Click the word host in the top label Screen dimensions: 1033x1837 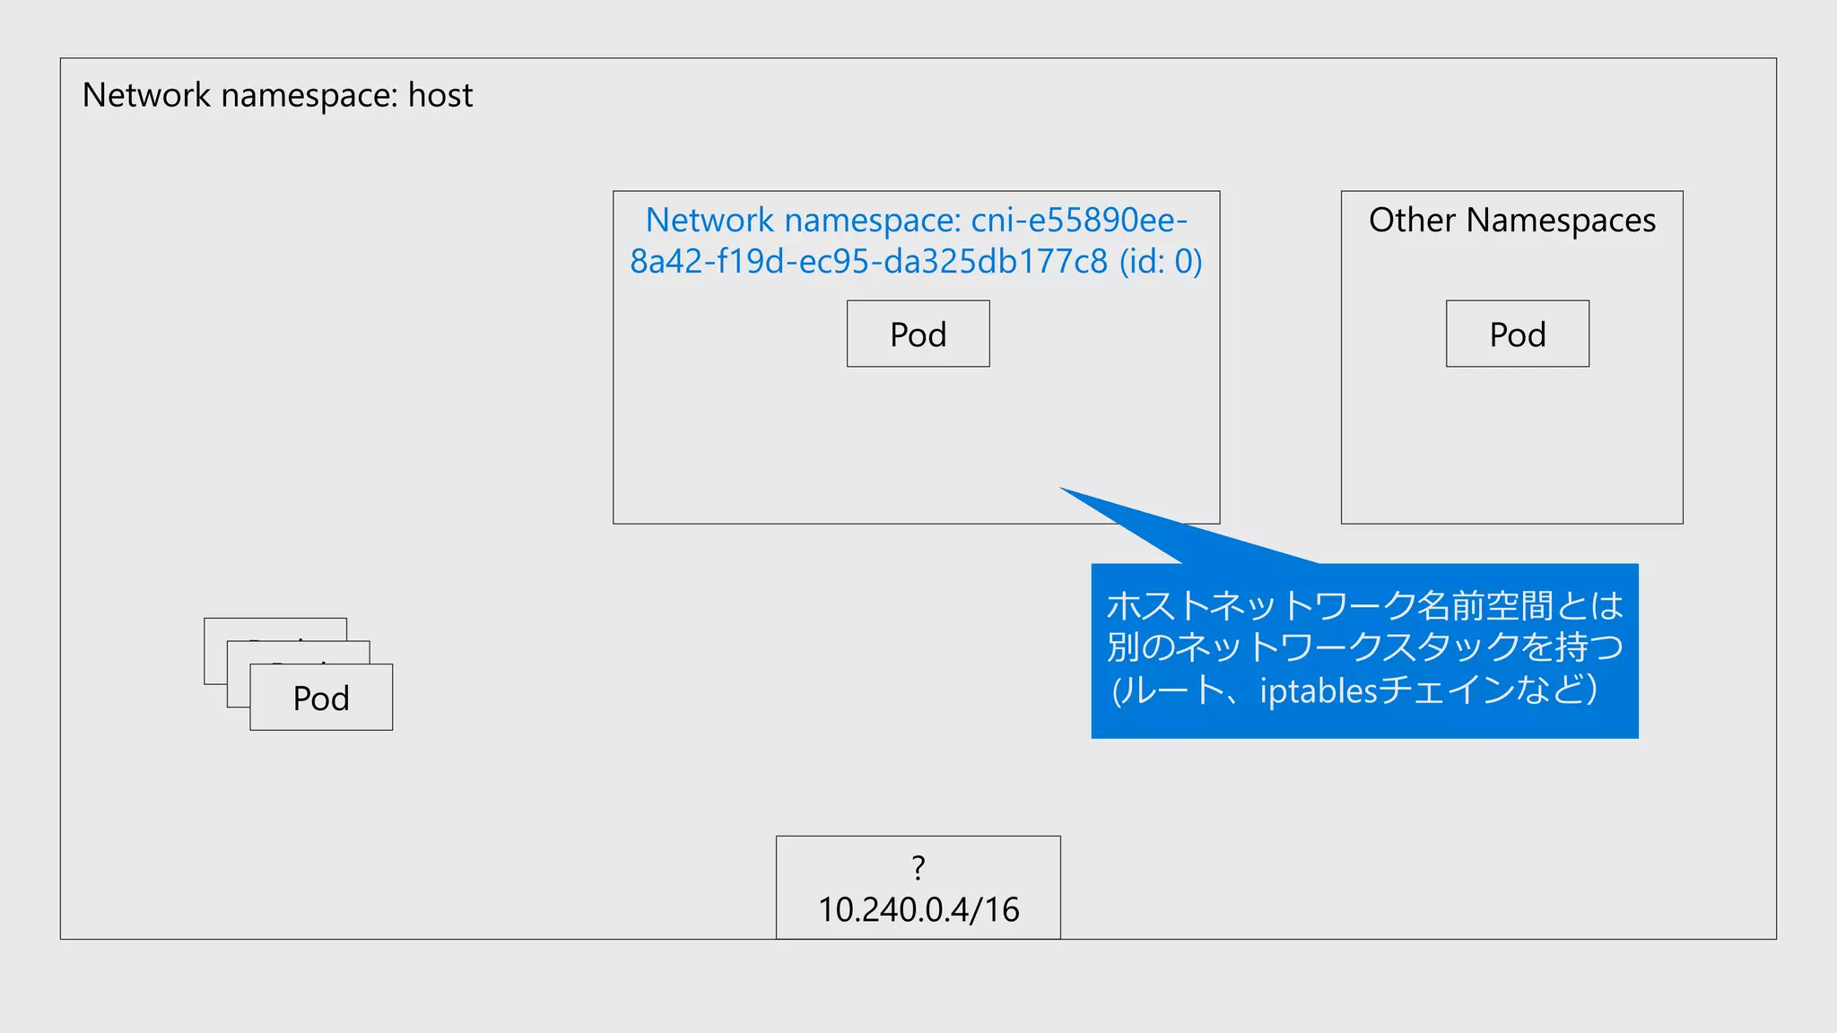[440, 95]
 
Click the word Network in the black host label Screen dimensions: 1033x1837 [146, 95]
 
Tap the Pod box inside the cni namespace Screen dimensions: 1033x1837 [918, 334]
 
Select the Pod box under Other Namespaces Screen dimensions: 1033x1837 [1517, 334]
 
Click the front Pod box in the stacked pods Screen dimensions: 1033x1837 [321, 698]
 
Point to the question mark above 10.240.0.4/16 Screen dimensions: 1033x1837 [918, 867]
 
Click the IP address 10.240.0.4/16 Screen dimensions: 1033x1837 [918, 909]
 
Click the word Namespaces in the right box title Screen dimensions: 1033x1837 [1561, 220]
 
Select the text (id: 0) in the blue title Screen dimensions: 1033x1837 [1160, 261]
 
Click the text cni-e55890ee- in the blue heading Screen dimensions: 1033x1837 [1079, 220]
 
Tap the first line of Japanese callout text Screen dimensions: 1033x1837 [1364, 606]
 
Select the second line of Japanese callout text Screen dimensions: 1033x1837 [1364, 647]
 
